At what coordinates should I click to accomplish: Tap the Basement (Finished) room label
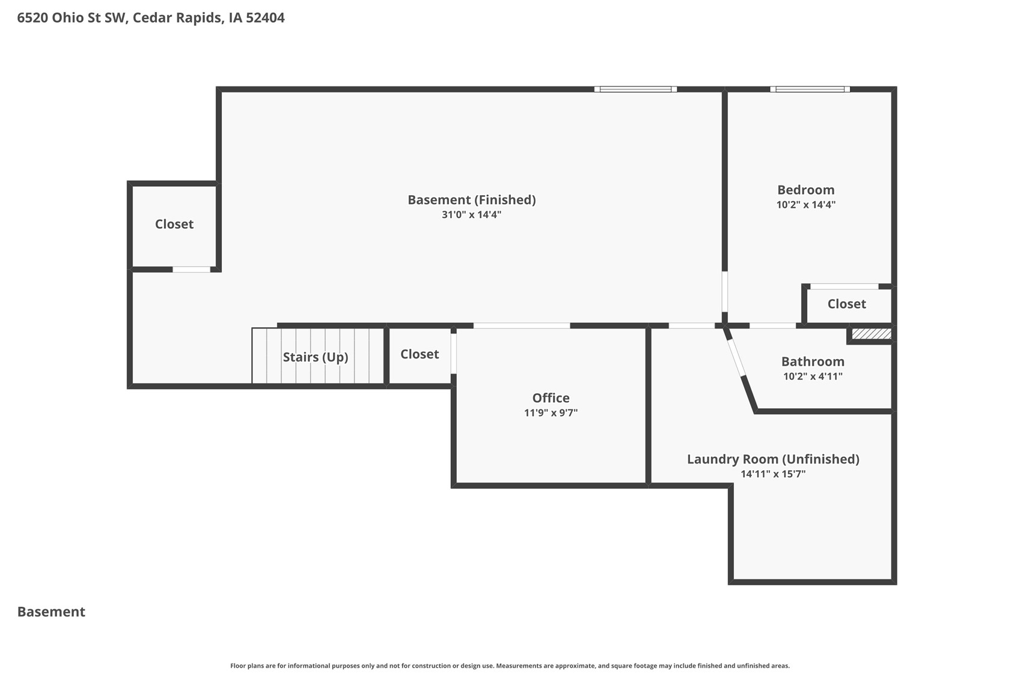coord(471,200)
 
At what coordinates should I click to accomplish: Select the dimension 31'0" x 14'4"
coord(471,215)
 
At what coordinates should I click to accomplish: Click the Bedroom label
coord(805,190)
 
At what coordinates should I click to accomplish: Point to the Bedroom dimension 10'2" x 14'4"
coord(805,205)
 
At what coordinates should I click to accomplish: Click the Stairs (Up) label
coord(316,357)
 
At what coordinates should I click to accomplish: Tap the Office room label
coord(551,398)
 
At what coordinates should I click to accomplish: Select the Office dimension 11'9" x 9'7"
coord(551,413)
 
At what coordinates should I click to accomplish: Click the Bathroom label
coord(813,361)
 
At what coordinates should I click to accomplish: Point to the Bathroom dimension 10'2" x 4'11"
coord(813,376)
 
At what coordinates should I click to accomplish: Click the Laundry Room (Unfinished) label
coord(773,459)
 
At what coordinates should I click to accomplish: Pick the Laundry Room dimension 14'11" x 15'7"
coord(773,474)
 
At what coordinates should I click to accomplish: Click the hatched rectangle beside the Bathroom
coord(872,334)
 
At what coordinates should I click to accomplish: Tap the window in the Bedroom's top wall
coord(810,89)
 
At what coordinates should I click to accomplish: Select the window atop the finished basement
coord(635,89)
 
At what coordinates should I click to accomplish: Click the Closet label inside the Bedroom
coord(846,304)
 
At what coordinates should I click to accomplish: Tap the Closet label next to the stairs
coord(420,354)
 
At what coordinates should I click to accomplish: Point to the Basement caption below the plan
coord(51,612)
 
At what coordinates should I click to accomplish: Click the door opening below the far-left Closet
coord(191,270)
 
